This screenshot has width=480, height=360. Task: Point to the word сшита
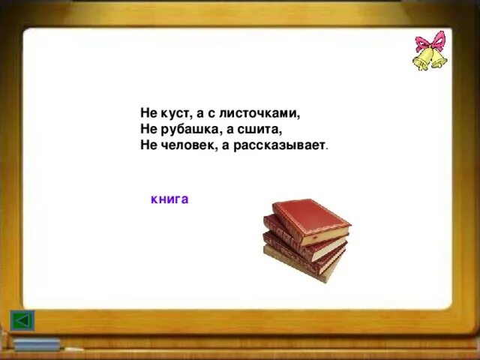point(262,129)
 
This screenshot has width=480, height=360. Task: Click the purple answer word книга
point(169,199)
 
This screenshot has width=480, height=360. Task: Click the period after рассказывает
point(327,148)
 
